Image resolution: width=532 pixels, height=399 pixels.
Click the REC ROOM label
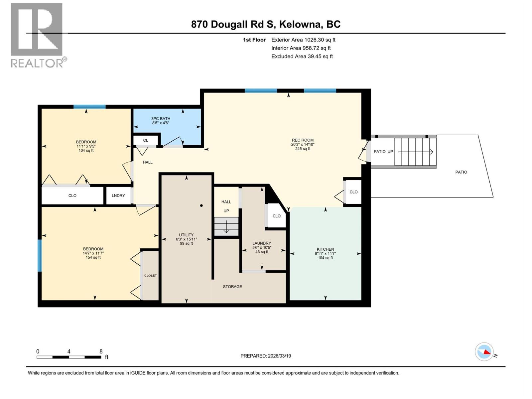click(x=303, y=140)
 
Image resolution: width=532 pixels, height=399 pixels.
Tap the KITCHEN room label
click(x=325, y=249)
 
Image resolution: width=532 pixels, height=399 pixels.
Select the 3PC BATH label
click(x=161, y=118)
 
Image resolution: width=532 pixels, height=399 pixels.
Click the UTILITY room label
click(x=186, y=235)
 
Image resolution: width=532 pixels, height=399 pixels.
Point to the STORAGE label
click(x=232, y=286)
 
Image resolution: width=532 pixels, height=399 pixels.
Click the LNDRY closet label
click(x=118, y=196)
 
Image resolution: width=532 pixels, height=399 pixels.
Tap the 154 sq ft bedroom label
click(x=93, y=257)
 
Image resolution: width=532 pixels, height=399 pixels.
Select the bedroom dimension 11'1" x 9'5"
click(x=86, y=146)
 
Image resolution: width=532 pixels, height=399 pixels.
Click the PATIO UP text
click(x=383, y=151)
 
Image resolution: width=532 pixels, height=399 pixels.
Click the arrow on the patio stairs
click(x=416, y=152)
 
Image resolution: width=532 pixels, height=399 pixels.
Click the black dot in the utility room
click(x=201, y=205)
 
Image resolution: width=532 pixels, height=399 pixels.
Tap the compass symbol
click(x=484, y=352)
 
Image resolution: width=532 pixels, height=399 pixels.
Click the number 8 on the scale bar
click(x=101, y=351)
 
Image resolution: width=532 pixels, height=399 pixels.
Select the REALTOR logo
click(x=37, y=35)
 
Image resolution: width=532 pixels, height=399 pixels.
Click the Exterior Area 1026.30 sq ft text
click(x=303, y=40)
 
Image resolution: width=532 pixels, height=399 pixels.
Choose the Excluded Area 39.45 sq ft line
click(x=302, y=56)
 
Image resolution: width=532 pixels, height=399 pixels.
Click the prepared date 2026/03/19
click(x=279, y=356)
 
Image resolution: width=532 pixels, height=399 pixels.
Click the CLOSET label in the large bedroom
click(x=150, y=275)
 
